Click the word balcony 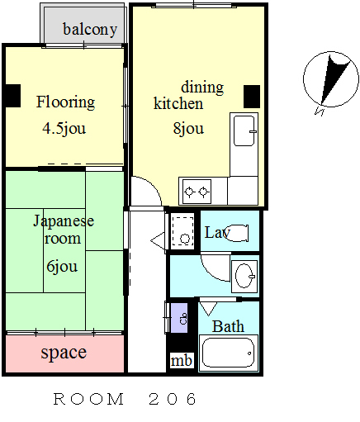point(90,30)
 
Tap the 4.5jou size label point(64,129)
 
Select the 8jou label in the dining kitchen point(188,129)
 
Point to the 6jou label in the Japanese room point(62,266)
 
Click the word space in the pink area point(64,353)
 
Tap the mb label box point(182,360)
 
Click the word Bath point(228,326)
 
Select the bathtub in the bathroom point(228,353)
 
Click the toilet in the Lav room point(236,233)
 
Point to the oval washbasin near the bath point(244,276)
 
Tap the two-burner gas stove point(197,192)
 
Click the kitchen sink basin point(244,130)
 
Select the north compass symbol point(330,80)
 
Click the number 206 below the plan point(173,399)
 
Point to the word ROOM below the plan point(88,399)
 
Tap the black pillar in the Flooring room point(13,96)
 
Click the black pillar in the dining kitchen point(252,97)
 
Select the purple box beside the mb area point(179,318)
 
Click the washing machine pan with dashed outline point(182,230)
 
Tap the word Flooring point(65,102)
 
